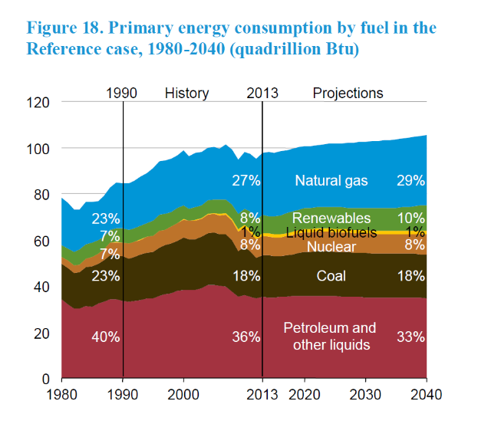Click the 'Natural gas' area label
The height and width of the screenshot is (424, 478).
point(331,181)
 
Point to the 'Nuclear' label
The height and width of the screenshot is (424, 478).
point(331,246)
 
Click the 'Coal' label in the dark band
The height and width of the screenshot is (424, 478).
point(331,276)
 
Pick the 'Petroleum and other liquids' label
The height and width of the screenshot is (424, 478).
point(331,336)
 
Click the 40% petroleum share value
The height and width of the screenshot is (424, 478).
point(105,337)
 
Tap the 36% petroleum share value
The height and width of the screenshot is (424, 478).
point(246,337)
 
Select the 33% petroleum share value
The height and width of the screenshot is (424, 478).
point(411,337)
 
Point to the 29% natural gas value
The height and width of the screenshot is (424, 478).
point(411,181)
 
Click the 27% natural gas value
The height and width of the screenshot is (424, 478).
point(246,181)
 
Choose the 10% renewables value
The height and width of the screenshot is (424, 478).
point(411,219)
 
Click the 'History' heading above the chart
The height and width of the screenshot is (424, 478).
point(186,93)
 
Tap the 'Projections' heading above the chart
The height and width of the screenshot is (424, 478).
point(348,93)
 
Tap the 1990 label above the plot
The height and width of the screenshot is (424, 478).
point(122,93)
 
